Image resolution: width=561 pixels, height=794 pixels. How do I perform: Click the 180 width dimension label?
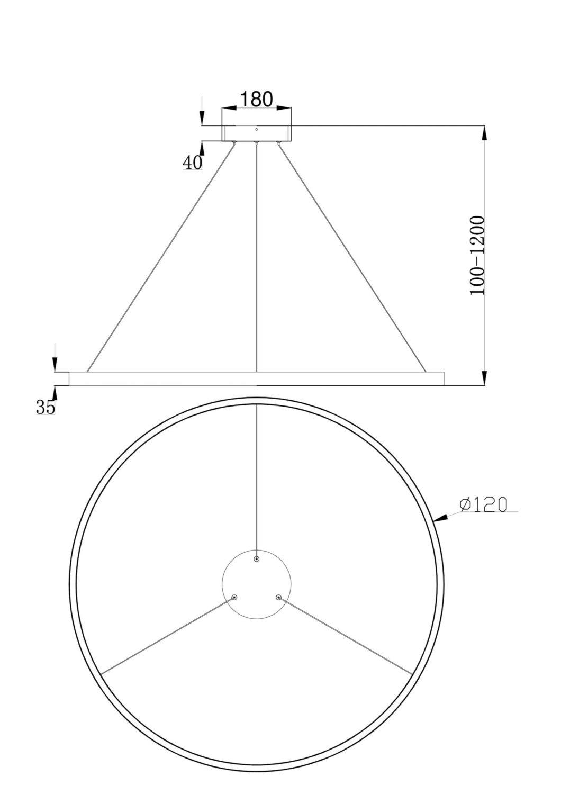[x=256, y=99]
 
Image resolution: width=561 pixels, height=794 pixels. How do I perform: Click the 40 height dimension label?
[x=192, y=163]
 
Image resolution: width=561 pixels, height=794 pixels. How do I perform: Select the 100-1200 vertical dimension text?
[x=477, y=256]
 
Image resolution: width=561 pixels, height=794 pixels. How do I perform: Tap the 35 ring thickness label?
[x=46, y=407]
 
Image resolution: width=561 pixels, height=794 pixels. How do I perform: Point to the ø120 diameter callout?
[x=483, y=504]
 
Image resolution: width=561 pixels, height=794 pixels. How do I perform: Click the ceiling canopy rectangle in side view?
[x=256, y=133]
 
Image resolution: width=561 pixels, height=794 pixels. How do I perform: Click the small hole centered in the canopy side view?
[x=257, y=129]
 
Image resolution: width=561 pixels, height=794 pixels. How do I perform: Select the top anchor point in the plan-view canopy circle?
[x=257, y=559]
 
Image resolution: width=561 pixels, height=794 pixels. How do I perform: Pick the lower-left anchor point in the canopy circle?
[x=234, y=598]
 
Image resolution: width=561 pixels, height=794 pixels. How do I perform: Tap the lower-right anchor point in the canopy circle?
[x=278, y=598]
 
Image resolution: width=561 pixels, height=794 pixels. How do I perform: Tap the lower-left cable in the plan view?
[x=167, y=636]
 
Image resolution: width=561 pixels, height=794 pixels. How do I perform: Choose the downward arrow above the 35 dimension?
[x=55, y=364]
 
